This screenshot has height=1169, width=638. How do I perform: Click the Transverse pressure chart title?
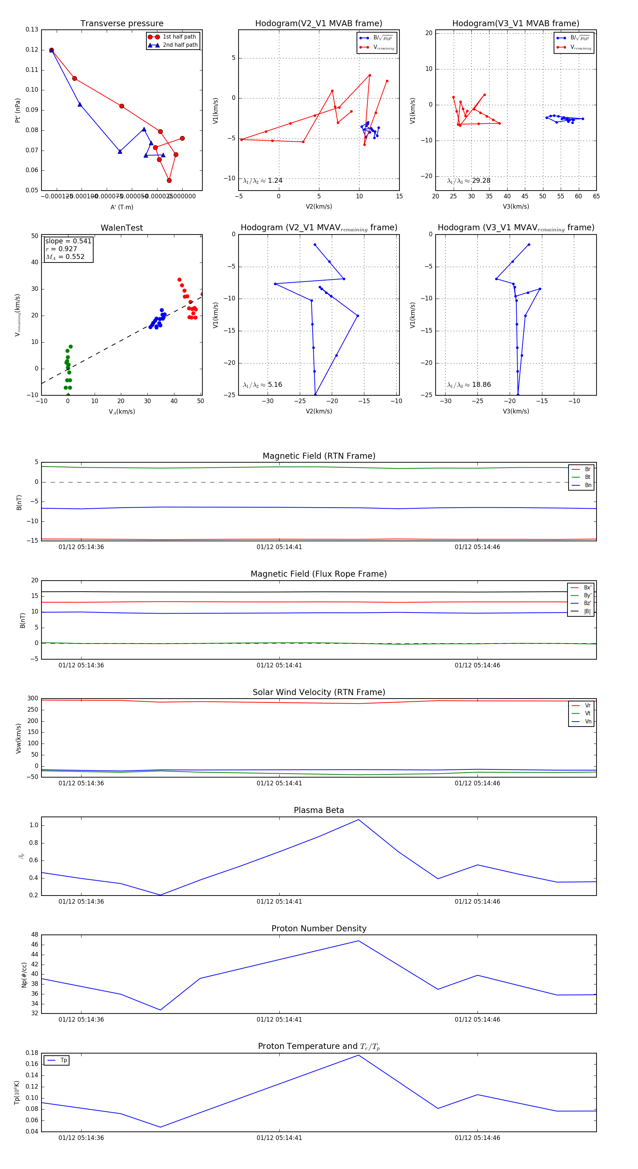[x=122, y=24]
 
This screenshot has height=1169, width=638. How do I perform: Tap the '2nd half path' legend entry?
[x=180, y=45]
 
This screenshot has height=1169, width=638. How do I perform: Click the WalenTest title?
[x=122, y=228]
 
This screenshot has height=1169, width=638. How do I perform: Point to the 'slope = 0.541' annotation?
[x=68, y=241]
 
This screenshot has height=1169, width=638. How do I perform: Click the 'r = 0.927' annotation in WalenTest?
[x=61, y=249]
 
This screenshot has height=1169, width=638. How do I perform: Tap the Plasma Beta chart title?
[x=319, y=810]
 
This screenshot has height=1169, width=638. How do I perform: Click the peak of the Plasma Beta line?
[x=359, y=820]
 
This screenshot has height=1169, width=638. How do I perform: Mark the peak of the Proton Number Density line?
[x=359, y=941]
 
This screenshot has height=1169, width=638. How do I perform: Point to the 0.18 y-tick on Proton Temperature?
[x=32, y=1053]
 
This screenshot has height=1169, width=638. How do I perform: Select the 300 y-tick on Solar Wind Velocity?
[x=33, y=699]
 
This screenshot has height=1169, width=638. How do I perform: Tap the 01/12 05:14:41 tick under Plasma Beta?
[x=279, y=901]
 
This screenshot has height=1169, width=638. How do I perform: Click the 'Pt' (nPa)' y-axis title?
[x=18, y=110]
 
